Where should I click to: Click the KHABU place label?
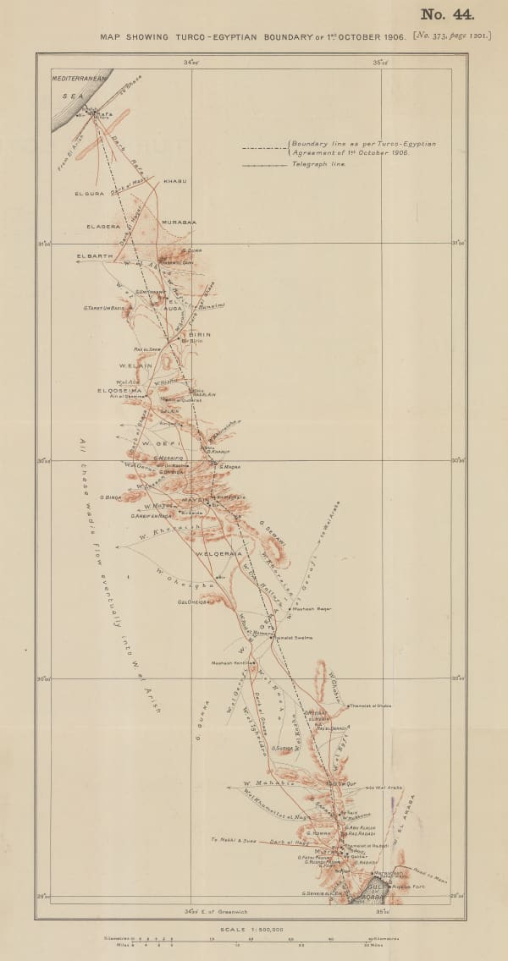point(174,181)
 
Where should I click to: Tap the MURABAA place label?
point(179,222)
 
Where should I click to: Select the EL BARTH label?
point(94,255)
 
